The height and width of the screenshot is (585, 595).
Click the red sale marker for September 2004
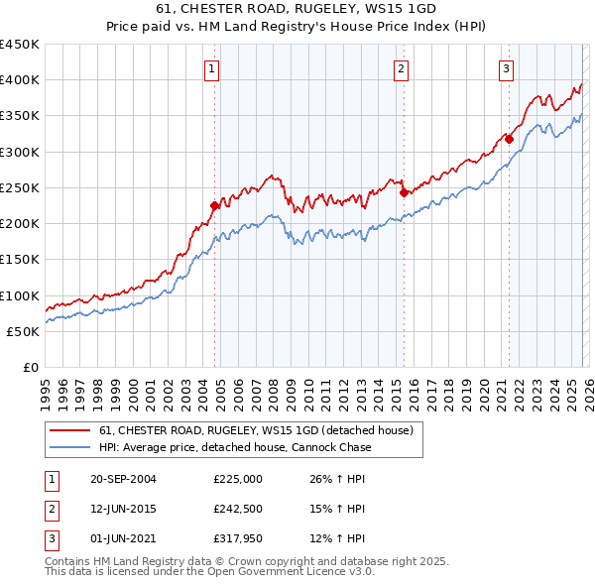coord(214,206)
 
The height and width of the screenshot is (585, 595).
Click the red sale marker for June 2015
coord(404,193)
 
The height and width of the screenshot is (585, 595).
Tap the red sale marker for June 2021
coord(509,140)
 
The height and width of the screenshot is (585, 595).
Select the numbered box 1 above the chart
coord(213,68)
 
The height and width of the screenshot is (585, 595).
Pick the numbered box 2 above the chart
coord(401,68)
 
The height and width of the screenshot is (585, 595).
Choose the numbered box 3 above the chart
coord(506,68)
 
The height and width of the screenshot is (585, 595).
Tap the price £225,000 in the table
coord(238,478)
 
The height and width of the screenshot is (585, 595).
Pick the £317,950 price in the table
coord(238,539)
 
